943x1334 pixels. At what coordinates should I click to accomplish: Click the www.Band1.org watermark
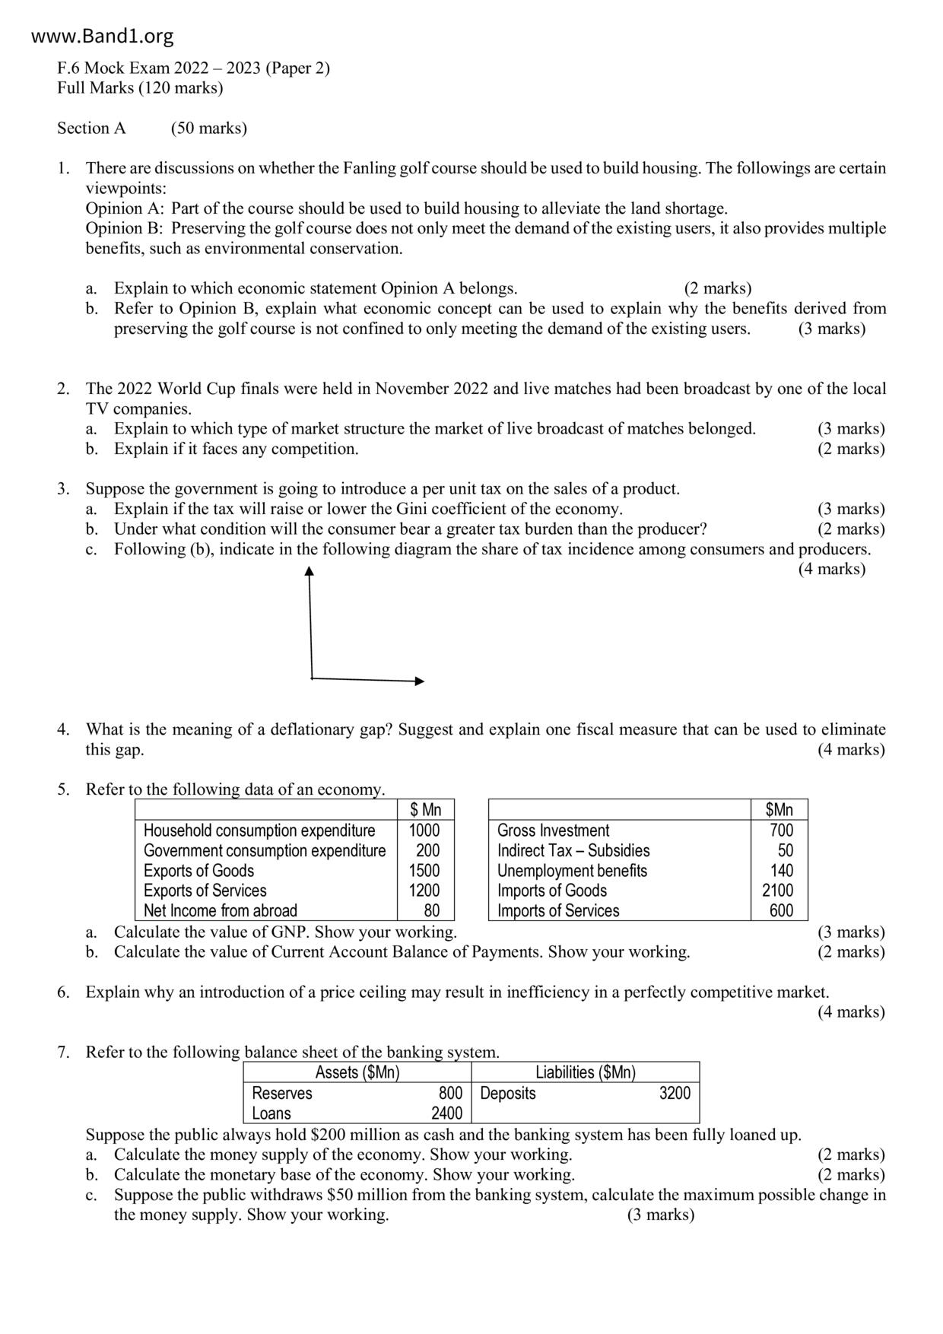tap(103, 36)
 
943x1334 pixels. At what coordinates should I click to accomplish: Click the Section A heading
tap(91, 128)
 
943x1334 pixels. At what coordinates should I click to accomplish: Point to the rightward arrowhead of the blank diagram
tap(419, 681)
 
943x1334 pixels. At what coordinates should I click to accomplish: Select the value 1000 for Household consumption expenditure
tap(424, 831)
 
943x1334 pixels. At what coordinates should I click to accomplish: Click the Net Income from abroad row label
tap(220, 910)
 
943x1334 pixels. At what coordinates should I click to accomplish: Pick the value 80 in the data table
tap(431, 910)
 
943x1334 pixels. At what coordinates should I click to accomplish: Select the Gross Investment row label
tap(553, 831)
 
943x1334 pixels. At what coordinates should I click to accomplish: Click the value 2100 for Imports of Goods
tap(777, 891)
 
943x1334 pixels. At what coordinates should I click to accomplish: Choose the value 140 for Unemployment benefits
tap(781, 871)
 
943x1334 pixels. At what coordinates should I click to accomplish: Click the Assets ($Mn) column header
tap(357, 1072)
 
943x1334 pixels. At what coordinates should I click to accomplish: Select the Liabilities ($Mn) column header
tap(585, 1072)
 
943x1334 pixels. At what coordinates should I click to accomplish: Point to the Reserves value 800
tap(450, 1093)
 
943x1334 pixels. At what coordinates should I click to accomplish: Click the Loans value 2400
tap(446, 1113)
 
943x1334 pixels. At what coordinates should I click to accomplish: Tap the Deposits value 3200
tap(675, 1093)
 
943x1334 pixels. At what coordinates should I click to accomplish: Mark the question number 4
tap(63, 729)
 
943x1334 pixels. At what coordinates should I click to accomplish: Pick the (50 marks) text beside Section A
tap(209, 128)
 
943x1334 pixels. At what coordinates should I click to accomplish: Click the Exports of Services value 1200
tap(424, 891)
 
